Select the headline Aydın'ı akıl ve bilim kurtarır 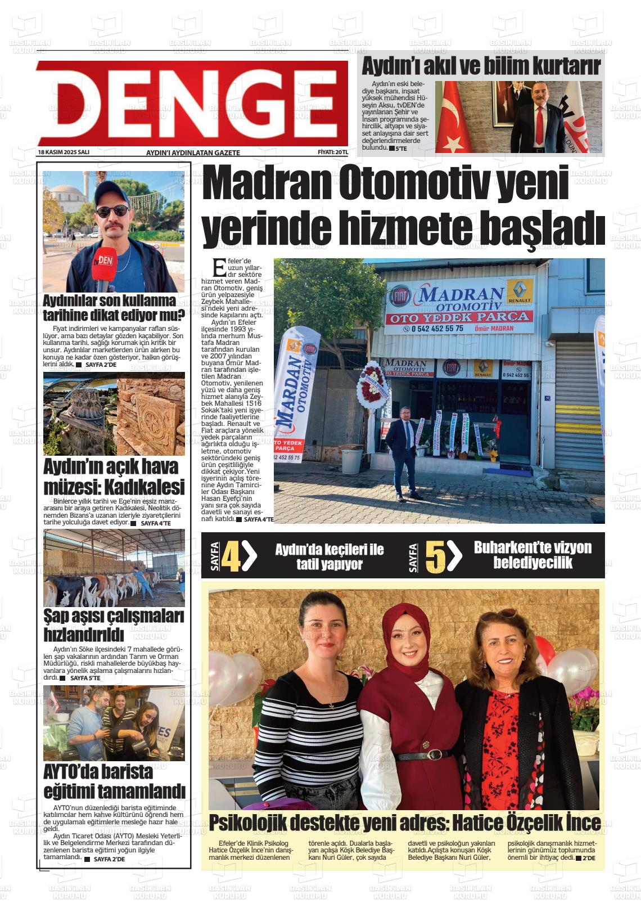coord(481,66)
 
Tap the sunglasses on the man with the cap coord(112,212)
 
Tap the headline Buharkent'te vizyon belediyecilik coord(532,555)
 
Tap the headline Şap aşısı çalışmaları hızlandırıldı coord(114,625)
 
